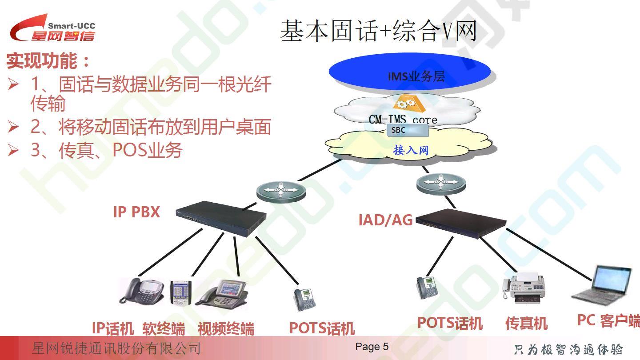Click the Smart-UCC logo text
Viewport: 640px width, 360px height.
[72, 26]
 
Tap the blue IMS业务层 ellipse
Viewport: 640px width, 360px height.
[410, 72]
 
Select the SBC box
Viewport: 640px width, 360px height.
[408, 130]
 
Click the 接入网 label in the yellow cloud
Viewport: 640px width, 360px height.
[411, 150]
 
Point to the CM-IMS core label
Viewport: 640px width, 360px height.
[403, 120]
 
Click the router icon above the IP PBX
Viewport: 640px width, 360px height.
[281, 192]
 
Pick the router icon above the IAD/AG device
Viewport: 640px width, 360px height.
[441, 184]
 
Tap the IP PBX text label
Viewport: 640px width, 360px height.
[136, 212]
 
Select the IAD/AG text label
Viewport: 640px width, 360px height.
[385, 220]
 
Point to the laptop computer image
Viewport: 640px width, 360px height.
[601, 285]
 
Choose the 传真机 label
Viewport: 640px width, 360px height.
[526, 324]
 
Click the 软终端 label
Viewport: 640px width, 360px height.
[164, 328]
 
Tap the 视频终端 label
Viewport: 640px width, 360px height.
[226, 328]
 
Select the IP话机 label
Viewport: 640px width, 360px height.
[113, 328]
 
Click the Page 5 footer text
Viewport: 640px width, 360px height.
[372, 347]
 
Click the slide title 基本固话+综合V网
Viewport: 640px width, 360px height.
[379, 31]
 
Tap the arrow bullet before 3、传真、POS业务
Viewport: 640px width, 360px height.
[13, 150]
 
